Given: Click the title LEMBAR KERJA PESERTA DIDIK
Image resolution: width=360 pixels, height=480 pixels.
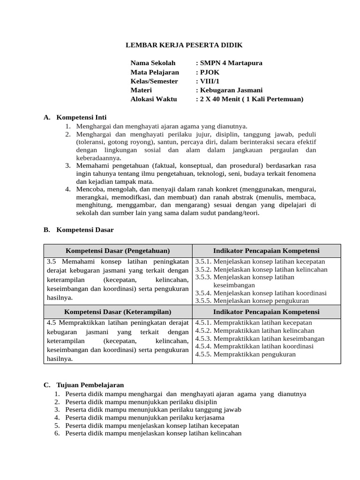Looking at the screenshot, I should [185, 45].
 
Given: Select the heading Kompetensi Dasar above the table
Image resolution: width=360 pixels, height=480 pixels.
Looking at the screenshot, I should [85, 230].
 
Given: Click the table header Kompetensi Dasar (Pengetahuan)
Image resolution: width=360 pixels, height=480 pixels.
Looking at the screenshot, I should [118, 251].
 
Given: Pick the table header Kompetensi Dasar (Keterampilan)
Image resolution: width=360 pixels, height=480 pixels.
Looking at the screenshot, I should [118, 312].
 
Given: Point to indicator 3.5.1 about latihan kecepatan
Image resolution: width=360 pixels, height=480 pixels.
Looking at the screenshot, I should [260, 262].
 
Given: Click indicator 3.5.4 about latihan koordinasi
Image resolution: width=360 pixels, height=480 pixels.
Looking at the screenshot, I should [261, 293].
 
